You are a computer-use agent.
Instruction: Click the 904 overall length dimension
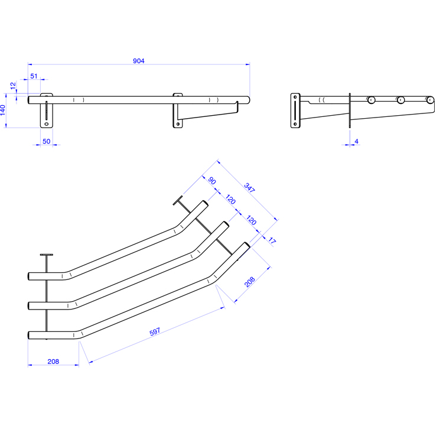point(138,61)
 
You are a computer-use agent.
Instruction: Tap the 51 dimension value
point(34,76)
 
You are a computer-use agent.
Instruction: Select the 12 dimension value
point(13,86)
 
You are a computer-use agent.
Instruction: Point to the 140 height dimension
point(3,110)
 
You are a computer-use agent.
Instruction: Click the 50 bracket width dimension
point(46,141)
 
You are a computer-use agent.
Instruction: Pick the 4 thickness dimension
point(357,141)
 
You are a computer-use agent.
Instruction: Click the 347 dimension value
point(249,188)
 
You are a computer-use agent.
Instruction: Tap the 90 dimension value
point(212,181)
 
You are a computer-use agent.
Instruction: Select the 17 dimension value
point(272,240)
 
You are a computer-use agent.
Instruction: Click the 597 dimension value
point(155,332)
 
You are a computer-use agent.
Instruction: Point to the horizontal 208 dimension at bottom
point(53,361)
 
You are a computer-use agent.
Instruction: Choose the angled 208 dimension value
point(250,282)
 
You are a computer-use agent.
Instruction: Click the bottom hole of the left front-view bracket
point(47,124)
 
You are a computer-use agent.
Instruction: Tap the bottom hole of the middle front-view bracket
point(178,124)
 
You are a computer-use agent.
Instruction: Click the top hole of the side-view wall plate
point(295,97)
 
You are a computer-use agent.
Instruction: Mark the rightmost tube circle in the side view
point(430,100)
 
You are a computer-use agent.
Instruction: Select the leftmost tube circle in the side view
point(372,100)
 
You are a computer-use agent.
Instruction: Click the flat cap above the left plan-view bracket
point(47,255)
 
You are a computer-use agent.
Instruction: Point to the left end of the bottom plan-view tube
point(28,335)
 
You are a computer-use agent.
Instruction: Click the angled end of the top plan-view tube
point(206,203)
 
